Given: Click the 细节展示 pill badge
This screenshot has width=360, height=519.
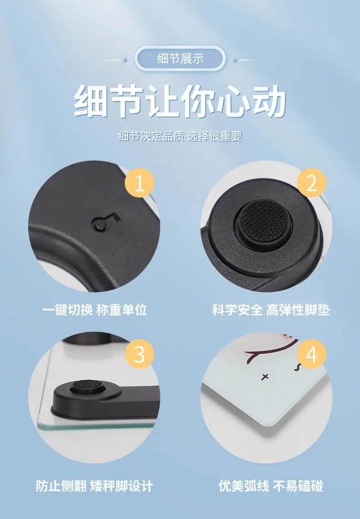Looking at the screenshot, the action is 180,59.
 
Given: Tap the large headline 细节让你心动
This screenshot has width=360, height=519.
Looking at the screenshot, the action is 180,101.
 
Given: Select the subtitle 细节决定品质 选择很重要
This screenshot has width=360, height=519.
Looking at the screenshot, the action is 180,136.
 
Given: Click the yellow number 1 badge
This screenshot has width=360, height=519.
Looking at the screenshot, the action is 139,183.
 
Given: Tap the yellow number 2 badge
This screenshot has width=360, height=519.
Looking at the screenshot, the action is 311,183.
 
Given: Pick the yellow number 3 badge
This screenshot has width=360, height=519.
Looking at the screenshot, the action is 139,354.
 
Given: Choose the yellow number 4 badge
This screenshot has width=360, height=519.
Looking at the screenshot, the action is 311,354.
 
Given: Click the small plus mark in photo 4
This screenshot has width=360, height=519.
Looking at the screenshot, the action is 265,377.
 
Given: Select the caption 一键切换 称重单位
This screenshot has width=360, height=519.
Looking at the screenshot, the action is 94,310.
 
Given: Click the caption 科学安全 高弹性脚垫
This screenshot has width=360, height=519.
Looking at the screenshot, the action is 271,310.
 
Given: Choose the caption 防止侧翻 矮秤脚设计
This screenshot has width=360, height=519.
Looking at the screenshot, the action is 94,486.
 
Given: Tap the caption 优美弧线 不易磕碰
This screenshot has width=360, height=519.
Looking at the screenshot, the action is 271,486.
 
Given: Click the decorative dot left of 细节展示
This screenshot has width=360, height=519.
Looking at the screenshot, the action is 125,60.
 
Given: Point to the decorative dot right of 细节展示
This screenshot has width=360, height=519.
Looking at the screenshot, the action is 235,60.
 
